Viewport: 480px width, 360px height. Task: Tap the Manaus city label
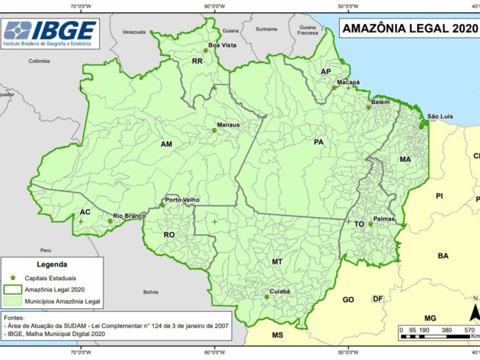pos(228,125)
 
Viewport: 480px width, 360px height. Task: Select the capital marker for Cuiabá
pos(267,297)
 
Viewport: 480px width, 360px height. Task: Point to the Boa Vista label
pos(222,45)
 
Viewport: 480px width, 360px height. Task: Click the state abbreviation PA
pos(319,142)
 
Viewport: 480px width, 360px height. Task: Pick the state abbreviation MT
pos(277,262)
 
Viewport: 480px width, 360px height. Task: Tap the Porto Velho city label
pos(182,200)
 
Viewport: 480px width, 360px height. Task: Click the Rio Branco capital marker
pos(110,221)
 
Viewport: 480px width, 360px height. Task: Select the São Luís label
pos(440,116)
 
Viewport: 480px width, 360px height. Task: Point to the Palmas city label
pos(384,219)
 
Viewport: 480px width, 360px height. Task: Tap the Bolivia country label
pos(150,291)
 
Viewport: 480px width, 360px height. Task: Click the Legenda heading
pos(52,265)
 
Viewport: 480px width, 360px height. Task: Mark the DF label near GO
pos(377,298)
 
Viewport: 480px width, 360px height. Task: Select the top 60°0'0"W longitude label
pos(215,6)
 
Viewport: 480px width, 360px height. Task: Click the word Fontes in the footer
pos(15,318)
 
